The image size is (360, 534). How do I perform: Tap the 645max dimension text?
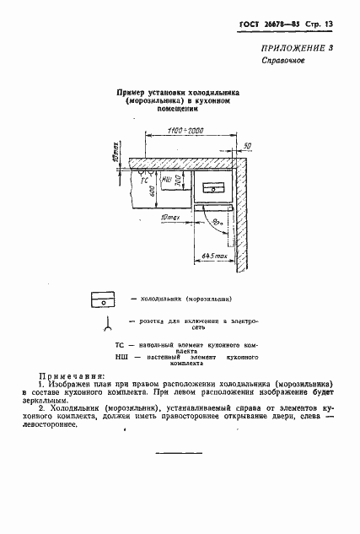pos(216,256)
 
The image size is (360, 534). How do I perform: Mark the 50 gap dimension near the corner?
pos(246,146)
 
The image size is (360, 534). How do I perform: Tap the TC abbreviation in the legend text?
pos(119,345)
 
